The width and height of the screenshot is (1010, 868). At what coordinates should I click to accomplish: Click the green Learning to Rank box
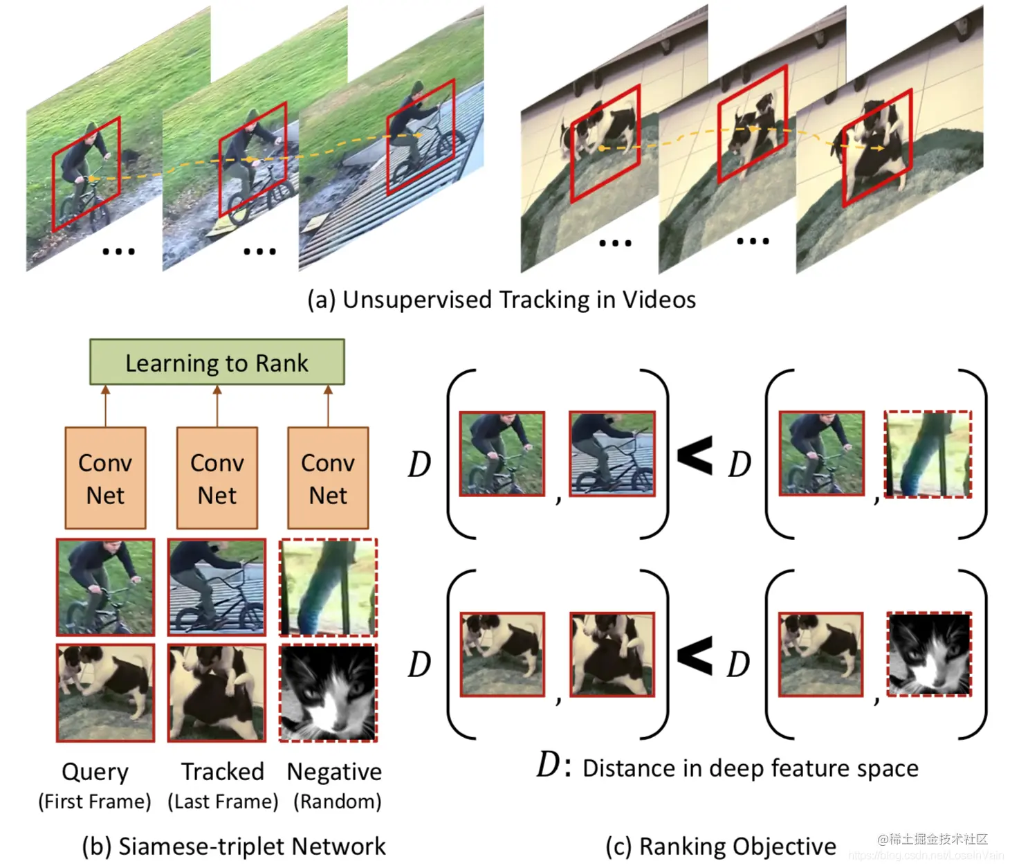click(217, 362)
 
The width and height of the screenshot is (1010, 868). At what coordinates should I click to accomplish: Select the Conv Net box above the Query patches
click(105, 478)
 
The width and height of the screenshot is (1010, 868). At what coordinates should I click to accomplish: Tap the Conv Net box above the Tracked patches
click(217, 478)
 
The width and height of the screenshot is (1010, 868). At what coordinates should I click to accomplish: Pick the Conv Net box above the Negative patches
click(328, 478)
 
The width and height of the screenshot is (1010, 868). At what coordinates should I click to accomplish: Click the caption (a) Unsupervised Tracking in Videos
click(502, 300)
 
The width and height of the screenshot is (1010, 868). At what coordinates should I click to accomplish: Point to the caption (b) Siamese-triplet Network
click(234, 846)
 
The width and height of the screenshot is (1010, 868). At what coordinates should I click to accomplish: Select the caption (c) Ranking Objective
click(721, 846)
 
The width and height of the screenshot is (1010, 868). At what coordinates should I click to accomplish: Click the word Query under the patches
click(95, 771)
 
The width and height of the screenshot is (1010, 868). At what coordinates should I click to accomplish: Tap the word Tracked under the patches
click(223, 771)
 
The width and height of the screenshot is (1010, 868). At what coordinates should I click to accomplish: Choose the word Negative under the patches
click(334, 771)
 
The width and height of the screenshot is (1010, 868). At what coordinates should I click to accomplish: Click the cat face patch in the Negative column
click(328, 693)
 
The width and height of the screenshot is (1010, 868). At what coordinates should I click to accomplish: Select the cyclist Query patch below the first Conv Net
click(105, 587)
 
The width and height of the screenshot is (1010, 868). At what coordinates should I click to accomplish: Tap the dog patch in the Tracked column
click(217, 693)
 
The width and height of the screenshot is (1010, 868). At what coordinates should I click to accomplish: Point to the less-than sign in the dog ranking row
click(695, 655)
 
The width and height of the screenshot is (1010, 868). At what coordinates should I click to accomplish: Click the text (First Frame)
click(95, 802)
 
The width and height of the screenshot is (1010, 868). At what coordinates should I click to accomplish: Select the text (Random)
click(338, 802)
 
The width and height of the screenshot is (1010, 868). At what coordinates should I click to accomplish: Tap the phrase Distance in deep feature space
click(751, 768)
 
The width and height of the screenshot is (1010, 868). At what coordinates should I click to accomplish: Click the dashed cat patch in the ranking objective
click(929, 654)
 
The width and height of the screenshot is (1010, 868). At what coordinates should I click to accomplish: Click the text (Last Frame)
click(223, 802)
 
